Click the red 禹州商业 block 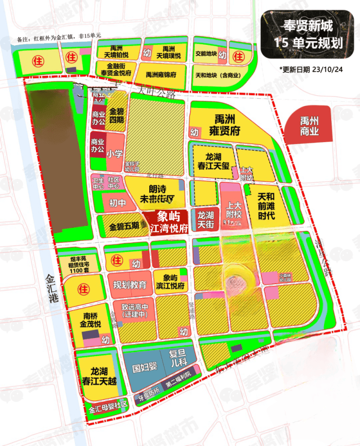[309, 126]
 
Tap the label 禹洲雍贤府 [222, 125]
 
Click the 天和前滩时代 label [266, 206]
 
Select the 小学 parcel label [115, 154]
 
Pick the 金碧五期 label [124, 226]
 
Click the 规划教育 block [130, 285]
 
